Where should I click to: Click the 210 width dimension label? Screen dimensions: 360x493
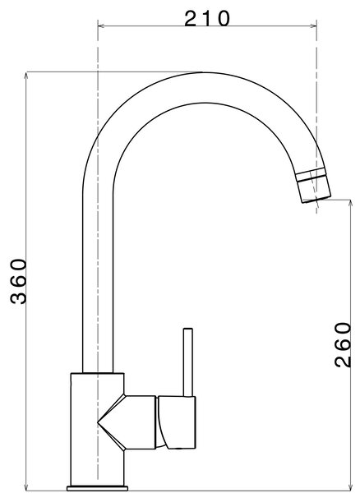pos(207,18)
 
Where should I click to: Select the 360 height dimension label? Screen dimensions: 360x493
pos(18,281)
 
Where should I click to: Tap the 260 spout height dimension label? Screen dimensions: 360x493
pos(342,345)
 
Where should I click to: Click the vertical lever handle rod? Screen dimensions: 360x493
pos(187,362)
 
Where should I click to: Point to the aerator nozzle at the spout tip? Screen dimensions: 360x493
pos(313,185)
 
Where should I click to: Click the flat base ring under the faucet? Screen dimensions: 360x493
pos(97,488)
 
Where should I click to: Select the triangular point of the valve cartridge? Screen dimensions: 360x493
pos(99,423)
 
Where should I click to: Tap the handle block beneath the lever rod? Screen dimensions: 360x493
pos(177,422)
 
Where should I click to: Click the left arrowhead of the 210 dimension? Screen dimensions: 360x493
pos(101,26)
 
